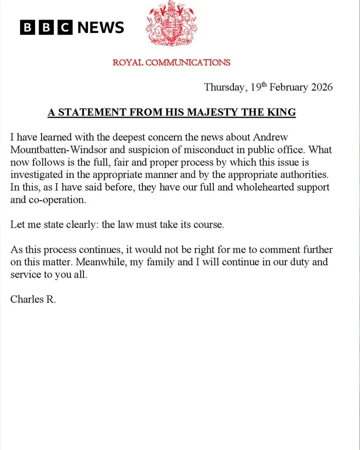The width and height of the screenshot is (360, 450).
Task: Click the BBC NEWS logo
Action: (x=72, y=27)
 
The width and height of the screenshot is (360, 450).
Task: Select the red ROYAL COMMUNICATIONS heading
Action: (x=171, y=63)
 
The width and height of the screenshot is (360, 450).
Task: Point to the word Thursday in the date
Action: (x=224, y=87)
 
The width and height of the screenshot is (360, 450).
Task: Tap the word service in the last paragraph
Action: (x=25, y=274)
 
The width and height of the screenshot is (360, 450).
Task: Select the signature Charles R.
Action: (x=32, y=299)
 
